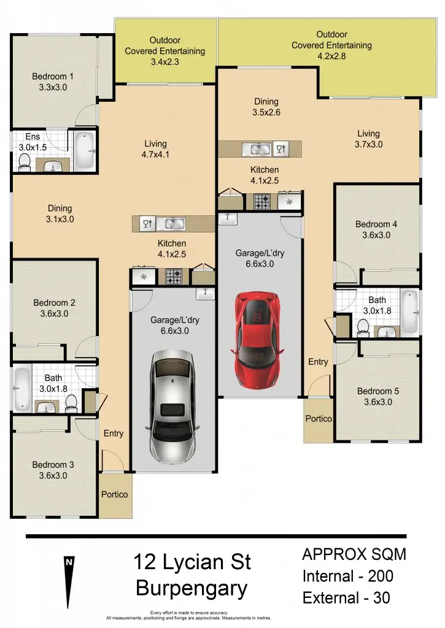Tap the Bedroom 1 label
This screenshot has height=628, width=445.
click(53, 82)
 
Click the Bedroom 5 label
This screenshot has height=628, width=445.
click(374, 396)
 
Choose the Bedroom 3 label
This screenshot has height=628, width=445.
click(50, 470)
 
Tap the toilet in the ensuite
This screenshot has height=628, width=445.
click(25, 161)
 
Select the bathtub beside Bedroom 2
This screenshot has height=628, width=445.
click(23, 389)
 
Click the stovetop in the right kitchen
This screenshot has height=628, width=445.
click(261, 201)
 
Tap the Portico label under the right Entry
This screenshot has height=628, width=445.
click(318, 419)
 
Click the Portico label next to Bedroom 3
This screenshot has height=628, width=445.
click(114, 494)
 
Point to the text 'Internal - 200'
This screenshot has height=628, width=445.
click(347, 576)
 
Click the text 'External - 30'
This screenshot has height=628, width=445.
click(346, 597)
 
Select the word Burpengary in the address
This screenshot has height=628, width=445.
click(192, 588)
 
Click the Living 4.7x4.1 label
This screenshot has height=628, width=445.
click(155, 150)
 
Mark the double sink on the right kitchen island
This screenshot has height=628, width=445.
click(257, 148)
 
